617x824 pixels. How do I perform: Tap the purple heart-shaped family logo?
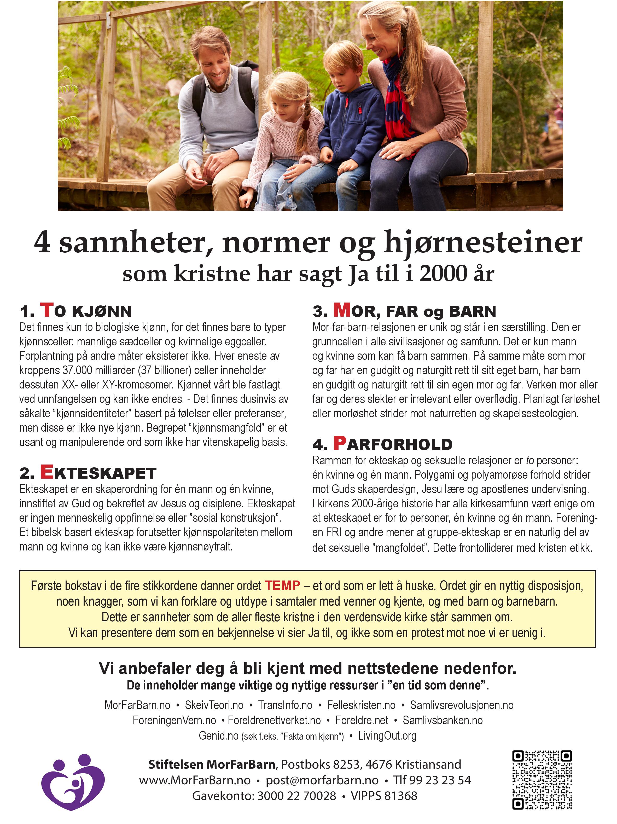click(x=73, y=782)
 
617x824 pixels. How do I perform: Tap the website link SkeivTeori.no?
click(x=214, y=705)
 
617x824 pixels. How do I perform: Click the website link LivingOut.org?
click(x=387, y=736)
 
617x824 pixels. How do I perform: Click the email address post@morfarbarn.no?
click(x=322, y=780)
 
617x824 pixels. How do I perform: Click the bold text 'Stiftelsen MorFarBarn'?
click(x=212, y=764)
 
